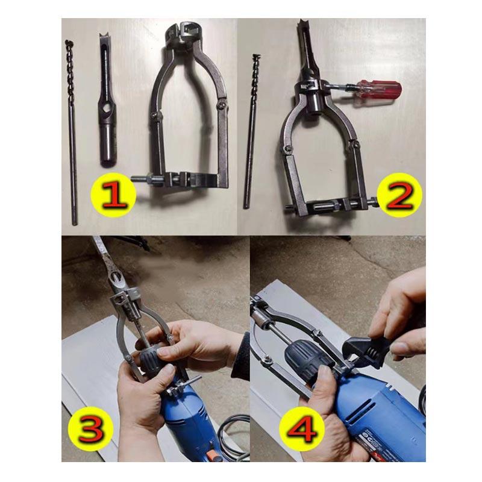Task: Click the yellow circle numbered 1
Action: coord(113,195)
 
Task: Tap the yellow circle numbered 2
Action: coord(399,195)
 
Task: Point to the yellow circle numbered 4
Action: coord(302,428)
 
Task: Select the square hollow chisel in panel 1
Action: coord(107,100)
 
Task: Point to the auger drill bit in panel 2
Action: coord(251,131)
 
